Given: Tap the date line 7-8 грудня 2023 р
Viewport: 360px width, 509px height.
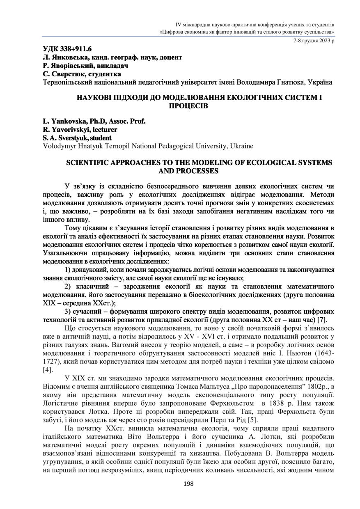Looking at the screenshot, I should coord(314,41).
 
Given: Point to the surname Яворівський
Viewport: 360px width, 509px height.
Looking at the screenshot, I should coord(72,66).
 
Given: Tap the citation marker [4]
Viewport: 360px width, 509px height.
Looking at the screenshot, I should coord(47,370).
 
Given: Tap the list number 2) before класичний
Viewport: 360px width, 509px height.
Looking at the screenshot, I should coord(69,287).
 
